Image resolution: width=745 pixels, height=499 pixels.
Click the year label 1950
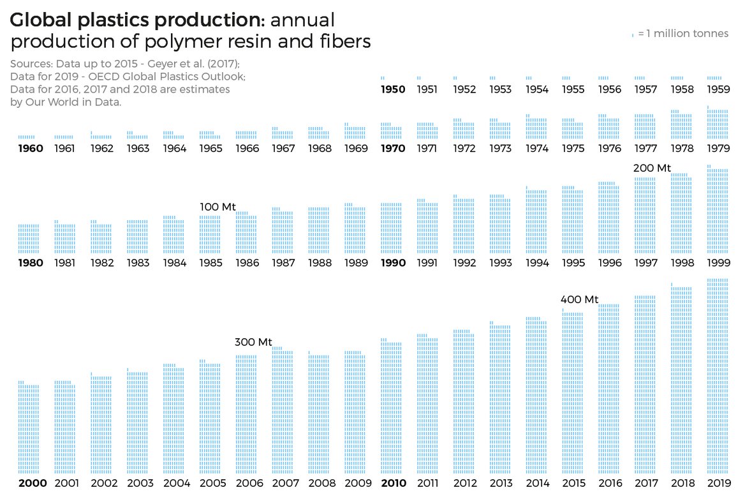point(392,89)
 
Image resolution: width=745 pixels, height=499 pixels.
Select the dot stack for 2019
point(718,376)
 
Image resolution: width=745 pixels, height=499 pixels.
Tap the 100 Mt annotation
point(218,207)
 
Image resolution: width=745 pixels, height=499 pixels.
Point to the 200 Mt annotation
point(652,168)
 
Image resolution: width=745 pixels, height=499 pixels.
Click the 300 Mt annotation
point(253,342)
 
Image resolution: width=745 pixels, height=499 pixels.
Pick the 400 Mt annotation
point(579,299)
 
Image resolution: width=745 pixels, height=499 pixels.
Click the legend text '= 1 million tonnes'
point(682,34)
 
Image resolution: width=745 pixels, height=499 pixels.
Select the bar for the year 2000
point(29,428)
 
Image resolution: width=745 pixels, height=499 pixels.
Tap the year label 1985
point(210,263)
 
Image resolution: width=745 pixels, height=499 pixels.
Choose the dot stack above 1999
point(718,211)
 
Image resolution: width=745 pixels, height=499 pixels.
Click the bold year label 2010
point(392,483)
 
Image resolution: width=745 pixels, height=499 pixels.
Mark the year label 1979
point(718,149)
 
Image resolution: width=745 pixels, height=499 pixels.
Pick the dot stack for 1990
point(392,228)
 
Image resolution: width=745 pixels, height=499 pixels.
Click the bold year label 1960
point(30,149)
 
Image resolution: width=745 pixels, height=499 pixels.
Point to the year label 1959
point(718,89)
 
